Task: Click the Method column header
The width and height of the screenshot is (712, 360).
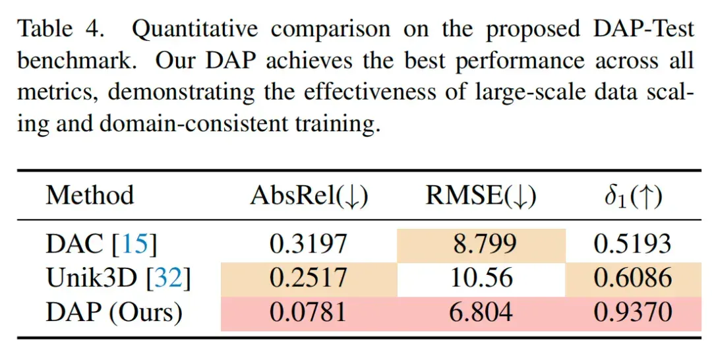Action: pyautogui.click(x=90, y=196)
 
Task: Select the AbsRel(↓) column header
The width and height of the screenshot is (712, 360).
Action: pyautogui.click(x=309, y=196)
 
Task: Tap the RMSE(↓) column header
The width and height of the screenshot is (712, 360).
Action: pyautogui.click(x=481, y=196)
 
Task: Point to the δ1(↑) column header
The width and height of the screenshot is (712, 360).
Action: pyautogui.click(x=633, y=196)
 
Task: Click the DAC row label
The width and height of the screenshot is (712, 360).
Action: pyautogui.click(x=102, y=244)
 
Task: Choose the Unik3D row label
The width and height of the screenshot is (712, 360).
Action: pyautogui.click(x=119, y=278)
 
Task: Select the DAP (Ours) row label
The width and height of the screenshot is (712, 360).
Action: pyautogui.click(x=114, y=313)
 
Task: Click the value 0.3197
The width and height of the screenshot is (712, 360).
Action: pyautogui.click(x=309, y=244)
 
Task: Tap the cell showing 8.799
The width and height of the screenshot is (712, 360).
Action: pyautogui.click(x=481, y=245)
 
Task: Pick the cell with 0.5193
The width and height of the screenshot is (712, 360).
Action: pyautogui.click(x=632, y=244)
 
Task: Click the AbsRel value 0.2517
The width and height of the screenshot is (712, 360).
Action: pyautogui.click(x=309, y=280)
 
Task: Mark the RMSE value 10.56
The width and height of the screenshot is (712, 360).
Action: pyautogui.click(x=481, y=278)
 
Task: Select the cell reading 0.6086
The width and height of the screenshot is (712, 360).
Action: pyautogui.click(x=633, y=280)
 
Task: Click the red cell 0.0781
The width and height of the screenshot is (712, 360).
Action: pyautogui.click(x=309, y=314)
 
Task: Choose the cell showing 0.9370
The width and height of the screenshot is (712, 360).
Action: pyautogui.click(x=633, y=314)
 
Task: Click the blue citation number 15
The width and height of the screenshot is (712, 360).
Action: pyautogui.click(x=135, y=244)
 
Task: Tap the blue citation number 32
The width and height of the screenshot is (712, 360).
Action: pyautogui.click(x=169, y=278)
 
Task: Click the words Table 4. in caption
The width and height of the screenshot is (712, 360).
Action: pyautogui.click(x=61, y=29)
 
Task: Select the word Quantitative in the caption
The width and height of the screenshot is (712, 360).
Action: pyautogui.click(x=194, y=30)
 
